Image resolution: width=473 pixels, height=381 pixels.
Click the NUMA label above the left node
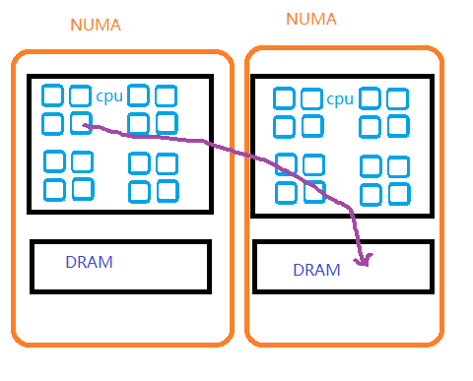pos(96,25)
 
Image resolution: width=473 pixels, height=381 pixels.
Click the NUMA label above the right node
pos(311,19)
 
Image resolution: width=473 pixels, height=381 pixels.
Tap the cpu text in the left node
pos(109,96)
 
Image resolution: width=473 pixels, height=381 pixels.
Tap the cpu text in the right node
pos(340,99)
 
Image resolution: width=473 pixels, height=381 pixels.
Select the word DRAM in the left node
pos(90,262)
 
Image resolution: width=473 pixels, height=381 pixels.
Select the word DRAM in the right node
pos(316,270)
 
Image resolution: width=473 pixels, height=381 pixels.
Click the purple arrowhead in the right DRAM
pos(364,260)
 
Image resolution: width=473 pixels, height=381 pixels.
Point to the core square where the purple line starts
pos(81,123)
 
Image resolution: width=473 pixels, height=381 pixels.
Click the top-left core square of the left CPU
pos(52,95)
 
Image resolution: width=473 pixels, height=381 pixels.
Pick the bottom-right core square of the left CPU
pos(168,191)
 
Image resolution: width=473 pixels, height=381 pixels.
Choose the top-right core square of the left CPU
pos(167,95)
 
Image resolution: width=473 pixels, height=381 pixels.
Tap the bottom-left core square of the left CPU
pos(54,190)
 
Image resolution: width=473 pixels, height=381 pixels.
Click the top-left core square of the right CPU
pos(284,98)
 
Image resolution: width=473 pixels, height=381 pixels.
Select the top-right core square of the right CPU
pos(398,98)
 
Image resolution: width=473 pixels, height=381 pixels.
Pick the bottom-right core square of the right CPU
pos(399,194)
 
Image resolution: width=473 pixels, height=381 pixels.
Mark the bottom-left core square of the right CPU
pos(286,193)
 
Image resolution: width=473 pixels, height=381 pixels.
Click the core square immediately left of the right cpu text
pos(311,98)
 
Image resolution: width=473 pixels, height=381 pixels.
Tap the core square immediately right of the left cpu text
pos(138,95)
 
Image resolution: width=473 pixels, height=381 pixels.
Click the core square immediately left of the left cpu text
pos(81,95)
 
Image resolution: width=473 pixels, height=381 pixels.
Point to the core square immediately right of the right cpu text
pos(370,98)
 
